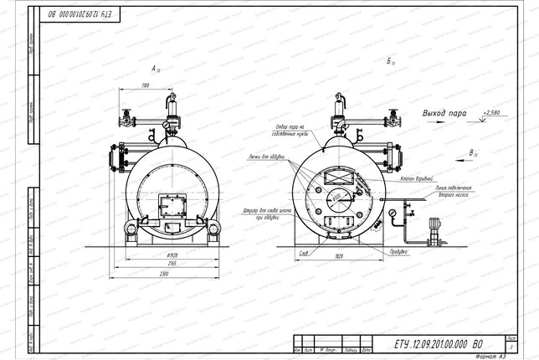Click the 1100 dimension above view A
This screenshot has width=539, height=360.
[x=145, y=85]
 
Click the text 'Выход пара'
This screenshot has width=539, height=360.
[x=444, y=112]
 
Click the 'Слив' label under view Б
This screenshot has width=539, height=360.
[x=304, y=251]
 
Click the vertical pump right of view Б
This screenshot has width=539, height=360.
[x=434, y=234]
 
